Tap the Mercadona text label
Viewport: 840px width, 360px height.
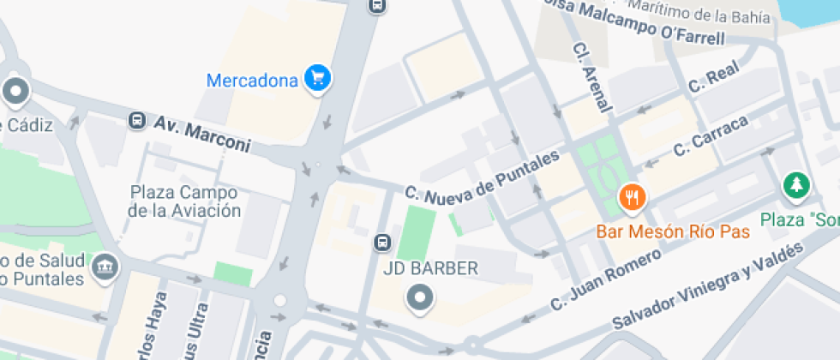(252, 81)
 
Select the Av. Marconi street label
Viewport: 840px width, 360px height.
(202, 134)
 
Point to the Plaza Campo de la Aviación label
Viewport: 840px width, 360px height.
(184, 201)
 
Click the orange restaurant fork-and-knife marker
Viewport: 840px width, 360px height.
(632, 199)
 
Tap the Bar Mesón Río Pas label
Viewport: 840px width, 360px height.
(673, 231)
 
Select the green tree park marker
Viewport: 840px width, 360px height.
(796, 184)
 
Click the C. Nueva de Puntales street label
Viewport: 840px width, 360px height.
(482, 179)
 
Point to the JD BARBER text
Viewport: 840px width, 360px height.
(430, 268)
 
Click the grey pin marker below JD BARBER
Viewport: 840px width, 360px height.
(420, 298)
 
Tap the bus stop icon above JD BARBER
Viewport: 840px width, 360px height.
(382, 243)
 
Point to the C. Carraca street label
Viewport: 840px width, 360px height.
(711, 135)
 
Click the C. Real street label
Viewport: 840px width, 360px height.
(712, 79)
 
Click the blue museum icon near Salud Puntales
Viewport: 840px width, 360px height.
(105, 267)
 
